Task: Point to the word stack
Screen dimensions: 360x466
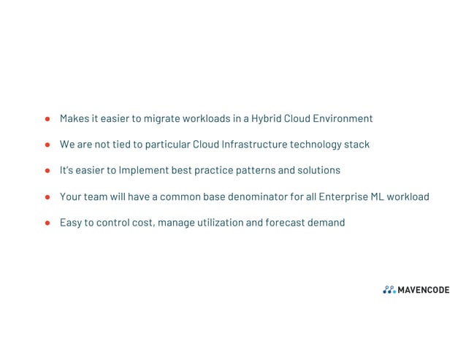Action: coord(356,145)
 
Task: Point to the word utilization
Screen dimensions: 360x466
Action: coord(216,223)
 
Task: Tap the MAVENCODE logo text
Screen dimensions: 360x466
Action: coord(424,291)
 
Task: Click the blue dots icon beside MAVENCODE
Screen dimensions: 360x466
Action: coord(389,291)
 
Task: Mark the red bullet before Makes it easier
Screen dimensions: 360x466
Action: coord(47,118)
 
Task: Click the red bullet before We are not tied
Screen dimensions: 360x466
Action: coord(47,145)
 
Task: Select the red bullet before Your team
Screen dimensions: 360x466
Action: coord(47,197)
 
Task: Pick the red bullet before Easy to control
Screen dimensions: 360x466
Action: coord(47,223)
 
